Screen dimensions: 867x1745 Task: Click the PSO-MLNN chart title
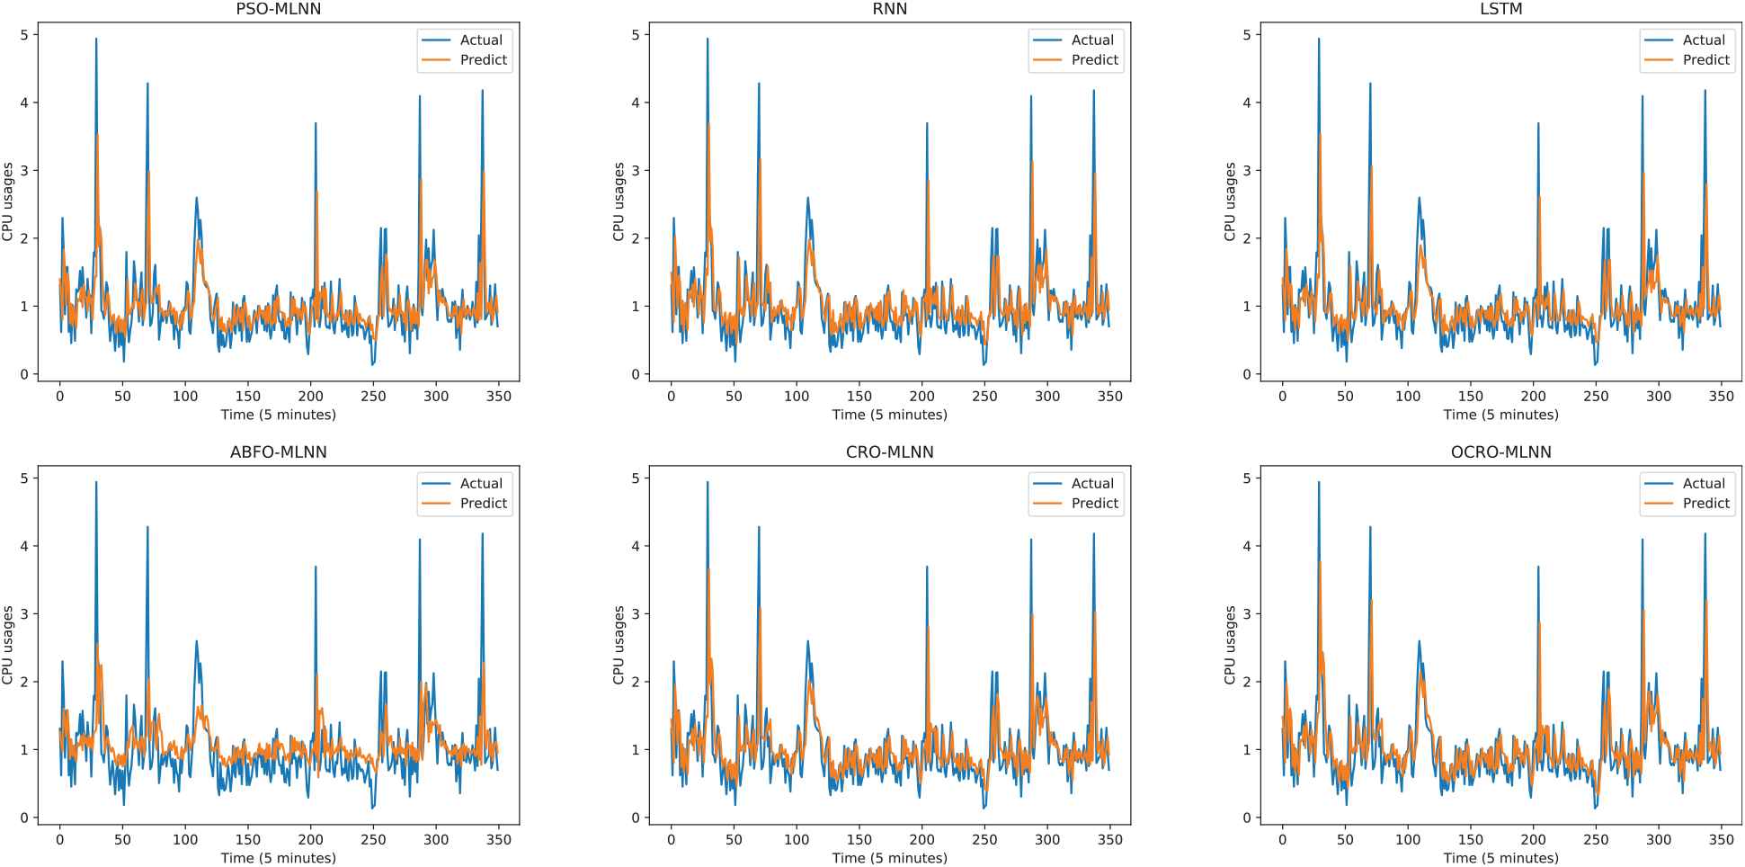pos(278,9)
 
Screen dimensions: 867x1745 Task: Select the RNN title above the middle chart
pos(889,9)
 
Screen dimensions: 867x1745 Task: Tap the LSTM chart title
pos(1500,9)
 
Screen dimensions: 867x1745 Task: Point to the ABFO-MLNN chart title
pos(278,452)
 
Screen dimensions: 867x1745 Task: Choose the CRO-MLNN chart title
pos(889,452)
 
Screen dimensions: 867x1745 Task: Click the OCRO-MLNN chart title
pos(1500,452)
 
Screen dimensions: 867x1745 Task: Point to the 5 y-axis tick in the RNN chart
pos(636,35)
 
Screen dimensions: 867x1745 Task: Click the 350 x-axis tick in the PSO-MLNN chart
pos(498,397)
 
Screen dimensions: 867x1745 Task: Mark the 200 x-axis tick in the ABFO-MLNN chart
pos(310,840)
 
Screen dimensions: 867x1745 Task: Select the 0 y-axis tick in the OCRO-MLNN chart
pos(1247,818)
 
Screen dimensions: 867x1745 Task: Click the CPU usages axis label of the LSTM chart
pos(1230,201)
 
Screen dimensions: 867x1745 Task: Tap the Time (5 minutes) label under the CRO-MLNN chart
pos(889,858)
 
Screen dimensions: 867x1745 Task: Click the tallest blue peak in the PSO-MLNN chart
pos(96,40)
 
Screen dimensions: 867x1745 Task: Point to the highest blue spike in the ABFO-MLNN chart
pos(96,483)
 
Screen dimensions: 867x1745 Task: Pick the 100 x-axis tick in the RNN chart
pos(797,397)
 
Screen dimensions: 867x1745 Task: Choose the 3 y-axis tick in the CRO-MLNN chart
pos(636,614)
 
